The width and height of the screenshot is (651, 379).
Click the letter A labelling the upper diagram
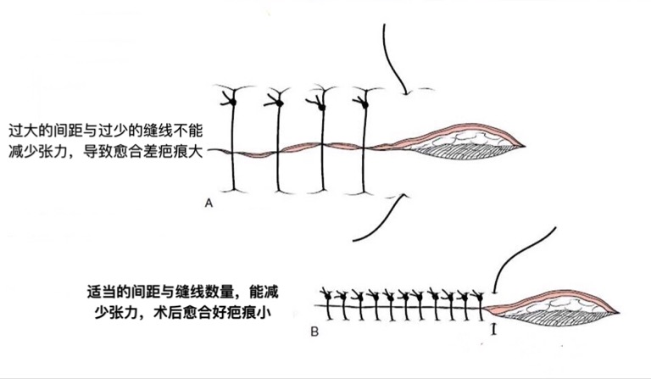click(209, 203)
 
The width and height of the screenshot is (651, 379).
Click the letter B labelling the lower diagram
click(314, 332)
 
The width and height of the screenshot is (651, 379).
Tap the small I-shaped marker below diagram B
click(493, 327)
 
